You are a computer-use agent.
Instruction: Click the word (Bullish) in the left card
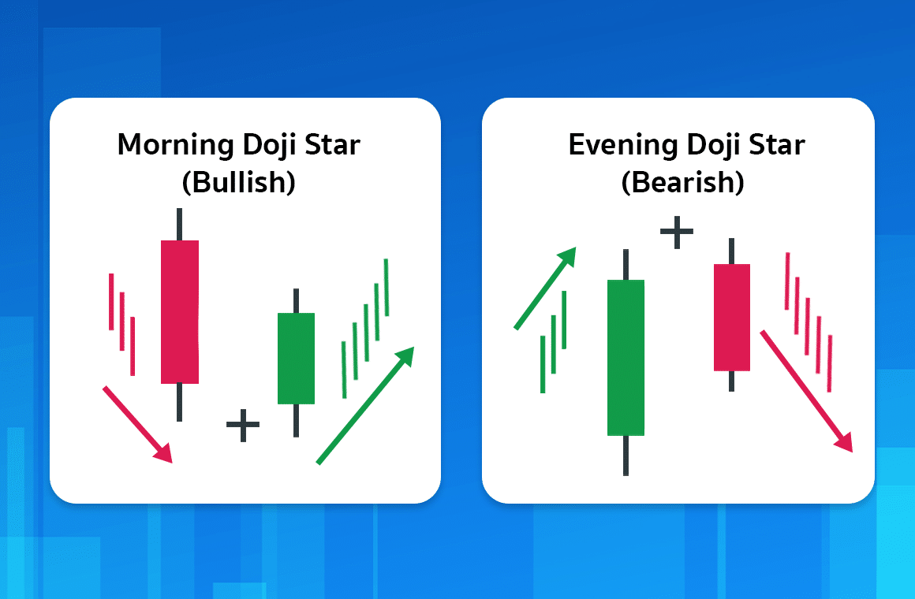(x=238, y=183)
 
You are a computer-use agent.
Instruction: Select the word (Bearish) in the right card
(x=682, y=183)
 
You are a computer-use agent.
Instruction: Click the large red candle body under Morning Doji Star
(x=180, y=311)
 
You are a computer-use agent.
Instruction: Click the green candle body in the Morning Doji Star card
(x=296, y=359)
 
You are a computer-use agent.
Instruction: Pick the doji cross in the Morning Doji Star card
(x=243, y=426)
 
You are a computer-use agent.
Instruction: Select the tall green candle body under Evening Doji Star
(x=626, y=357)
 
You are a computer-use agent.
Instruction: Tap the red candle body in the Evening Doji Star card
(x=732, y=317)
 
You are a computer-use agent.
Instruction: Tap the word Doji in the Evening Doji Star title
(x=713, y=146)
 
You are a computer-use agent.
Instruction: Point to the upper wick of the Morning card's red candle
(x=180, y=224)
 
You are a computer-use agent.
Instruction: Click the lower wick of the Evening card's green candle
(x=626, y=456)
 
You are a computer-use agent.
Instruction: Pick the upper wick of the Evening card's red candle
(x=732, y=251)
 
